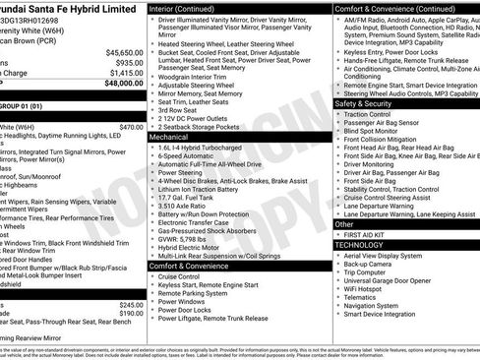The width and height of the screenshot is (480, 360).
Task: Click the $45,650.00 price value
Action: [125, 52]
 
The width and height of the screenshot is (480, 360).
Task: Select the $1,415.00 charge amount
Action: [126, 73]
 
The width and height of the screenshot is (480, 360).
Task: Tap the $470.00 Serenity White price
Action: [131, 127]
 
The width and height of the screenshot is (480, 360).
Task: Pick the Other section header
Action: [345, 223]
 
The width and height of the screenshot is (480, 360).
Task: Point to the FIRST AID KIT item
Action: [368, 234]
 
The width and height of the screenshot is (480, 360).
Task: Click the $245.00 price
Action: [131, 304]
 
